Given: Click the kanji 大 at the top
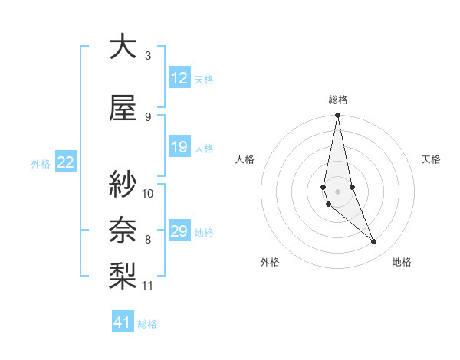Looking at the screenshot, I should click(122, 47).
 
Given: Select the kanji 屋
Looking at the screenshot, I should click(122, 109).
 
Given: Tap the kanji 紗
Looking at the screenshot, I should click(122, 184).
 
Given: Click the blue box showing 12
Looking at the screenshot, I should click(179, 78).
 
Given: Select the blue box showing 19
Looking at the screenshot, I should click(179, 148).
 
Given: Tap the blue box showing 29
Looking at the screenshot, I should click(179, 232).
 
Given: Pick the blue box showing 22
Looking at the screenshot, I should click(66, 162).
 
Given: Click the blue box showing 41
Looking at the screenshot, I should click(123, 322).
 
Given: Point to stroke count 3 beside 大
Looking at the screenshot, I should click(148, 56).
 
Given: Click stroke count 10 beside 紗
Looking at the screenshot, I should click(148, 193).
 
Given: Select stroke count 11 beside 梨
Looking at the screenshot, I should click(148, 286).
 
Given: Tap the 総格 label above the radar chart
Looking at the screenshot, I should click(338, 100).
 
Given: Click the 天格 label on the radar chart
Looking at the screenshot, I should click(432, 159).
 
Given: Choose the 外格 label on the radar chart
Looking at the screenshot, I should click(270, 262).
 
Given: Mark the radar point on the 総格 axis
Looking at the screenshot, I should click(337, 116).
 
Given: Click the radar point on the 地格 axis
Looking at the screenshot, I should click(374, 242).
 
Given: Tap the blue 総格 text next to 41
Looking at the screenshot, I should click(148, 324).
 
